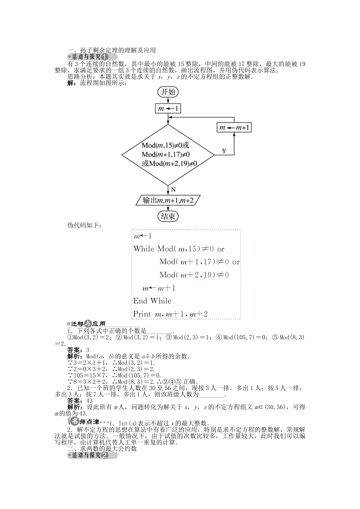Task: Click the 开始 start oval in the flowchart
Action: pos(168,92)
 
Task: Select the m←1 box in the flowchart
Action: pos(168,109)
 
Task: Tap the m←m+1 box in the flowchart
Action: pos(234,128)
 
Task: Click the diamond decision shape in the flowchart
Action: pos(167,155)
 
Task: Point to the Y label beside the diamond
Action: pos(224,151)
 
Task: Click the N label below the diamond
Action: pos(173,190)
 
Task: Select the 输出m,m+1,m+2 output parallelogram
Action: pos(168,200)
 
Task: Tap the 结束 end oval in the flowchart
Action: pos(168,216)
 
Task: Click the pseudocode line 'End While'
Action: pos(152,301)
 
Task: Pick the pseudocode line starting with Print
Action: pos(171,314)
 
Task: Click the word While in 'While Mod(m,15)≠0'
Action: pos(144,249)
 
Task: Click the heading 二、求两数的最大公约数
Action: pos(102,449)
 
